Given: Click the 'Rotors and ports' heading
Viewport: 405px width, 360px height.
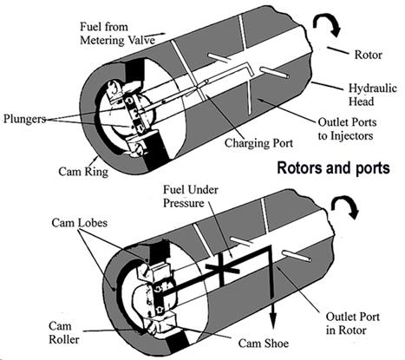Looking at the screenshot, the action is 333,168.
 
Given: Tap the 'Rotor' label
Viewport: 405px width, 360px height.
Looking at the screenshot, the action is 368,55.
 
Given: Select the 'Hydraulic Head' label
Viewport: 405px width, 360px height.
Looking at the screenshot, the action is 373,95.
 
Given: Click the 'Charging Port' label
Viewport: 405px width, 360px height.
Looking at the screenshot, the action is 258,143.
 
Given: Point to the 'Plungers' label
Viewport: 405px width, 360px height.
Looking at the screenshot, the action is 24,119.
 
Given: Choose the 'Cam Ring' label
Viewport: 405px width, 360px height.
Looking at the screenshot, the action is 83,172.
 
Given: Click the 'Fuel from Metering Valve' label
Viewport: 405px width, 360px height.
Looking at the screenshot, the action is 117,33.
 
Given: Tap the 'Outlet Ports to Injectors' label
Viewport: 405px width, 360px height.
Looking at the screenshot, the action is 347,129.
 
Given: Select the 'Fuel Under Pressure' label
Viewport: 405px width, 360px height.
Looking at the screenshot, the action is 190,196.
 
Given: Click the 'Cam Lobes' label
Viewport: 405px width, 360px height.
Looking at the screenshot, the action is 80,223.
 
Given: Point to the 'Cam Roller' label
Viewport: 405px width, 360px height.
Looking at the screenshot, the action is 63,333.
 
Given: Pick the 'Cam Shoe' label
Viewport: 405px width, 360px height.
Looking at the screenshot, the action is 264,344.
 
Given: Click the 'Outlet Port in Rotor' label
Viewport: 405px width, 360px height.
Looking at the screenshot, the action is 352,324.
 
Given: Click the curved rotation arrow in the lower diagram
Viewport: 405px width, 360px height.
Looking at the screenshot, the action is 344,206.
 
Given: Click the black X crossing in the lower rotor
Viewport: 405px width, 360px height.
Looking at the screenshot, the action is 222,268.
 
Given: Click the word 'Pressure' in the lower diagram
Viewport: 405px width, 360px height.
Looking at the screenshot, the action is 184,203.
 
